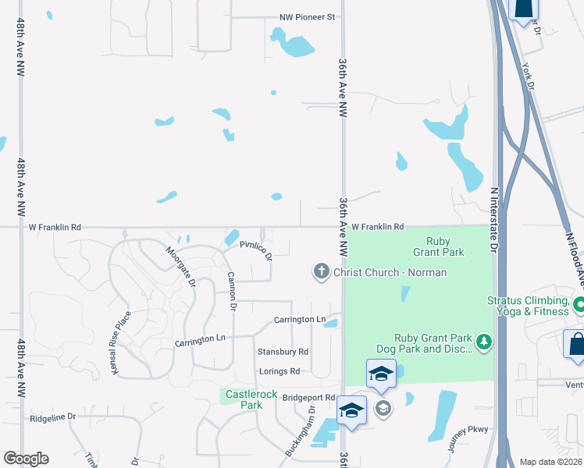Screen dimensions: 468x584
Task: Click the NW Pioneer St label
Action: [x=307, y=16]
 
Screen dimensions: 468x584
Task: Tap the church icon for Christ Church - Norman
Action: [x=321, y=271]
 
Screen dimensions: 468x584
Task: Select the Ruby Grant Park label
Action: [x=445, y=246]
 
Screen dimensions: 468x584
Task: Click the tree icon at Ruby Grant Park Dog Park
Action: [x=485, y=342]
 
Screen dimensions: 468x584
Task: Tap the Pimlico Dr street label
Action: [x=256, y=250]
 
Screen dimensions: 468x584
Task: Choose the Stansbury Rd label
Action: [x=283, y=352]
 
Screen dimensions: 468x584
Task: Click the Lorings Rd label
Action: [x=280, y=371]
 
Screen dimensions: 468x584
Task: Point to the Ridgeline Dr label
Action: [x=53, y=417]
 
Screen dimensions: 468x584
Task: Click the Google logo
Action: [x=26, y=459]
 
